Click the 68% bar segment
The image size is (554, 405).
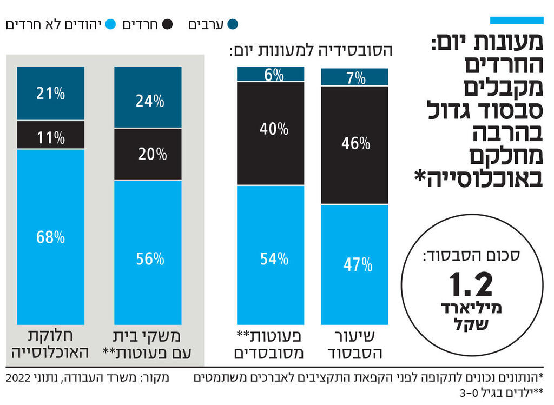click(50, 236)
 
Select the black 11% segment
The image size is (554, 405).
click(50, 135)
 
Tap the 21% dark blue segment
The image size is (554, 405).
click(50, 93)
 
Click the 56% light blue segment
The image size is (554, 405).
click(148, 252)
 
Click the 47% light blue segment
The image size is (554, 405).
click(354, 264)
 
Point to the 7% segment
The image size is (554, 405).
click(354, 77)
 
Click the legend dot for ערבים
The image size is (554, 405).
click(233, 24)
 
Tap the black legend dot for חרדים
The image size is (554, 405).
click(167, 24)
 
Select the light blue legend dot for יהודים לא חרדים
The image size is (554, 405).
click(110, 24)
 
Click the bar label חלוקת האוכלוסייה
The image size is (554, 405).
click(50, 344)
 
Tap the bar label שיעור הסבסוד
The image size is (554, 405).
click(354, 344)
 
